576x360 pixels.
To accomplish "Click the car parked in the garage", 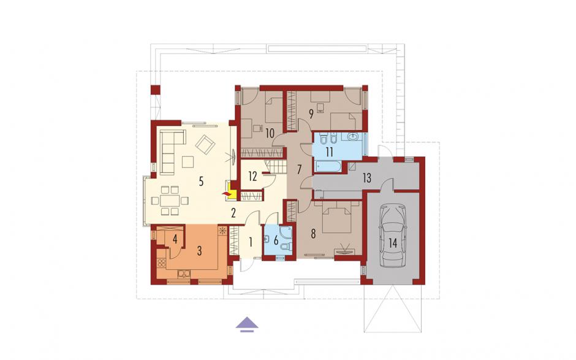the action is click(393, 236).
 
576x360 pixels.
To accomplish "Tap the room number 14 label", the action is click(393, 243).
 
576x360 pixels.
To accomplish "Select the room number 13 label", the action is click(366, 178).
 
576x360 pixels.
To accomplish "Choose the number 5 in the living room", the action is click(201, 182).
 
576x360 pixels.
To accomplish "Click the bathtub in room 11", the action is click(328, 166).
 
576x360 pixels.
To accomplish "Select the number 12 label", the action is click(252, 177).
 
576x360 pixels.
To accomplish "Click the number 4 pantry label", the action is click(175, 240).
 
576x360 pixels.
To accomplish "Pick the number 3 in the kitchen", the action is click(200, 251).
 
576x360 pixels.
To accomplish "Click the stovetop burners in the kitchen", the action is click(161, 262).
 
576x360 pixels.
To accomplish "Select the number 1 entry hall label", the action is click(251, 242).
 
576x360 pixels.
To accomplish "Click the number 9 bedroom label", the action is click(311, 114).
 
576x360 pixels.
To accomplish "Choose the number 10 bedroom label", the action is click(270, 133).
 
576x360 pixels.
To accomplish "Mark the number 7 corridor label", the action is click(300, 169).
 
